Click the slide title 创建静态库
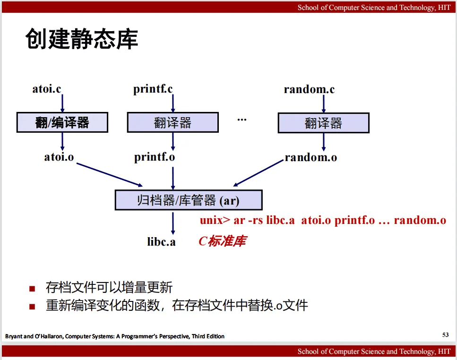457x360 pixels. pos(82,39)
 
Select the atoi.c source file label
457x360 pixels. pos(47,89)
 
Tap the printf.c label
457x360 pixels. pos(153,89)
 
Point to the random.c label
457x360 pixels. pos(309,89)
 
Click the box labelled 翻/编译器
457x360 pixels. pos(62,122)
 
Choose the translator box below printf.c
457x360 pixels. pos(173,122)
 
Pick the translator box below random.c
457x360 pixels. pos(324,123)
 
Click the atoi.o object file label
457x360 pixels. pos(59,157)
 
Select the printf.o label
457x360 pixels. pos(155,157)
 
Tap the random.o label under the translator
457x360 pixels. pos(310,158)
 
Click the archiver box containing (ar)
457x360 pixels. pos(189,200)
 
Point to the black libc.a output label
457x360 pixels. pos(161,242)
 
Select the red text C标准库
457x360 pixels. pos(223,241)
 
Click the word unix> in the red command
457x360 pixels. pos(215,220)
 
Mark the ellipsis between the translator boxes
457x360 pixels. pos(242,120)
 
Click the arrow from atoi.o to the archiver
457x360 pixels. pos(110,174)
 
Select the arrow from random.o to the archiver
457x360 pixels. pos(259,173)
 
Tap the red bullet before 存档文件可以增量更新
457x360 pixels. pos(32,289)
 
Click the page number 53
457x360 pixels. pos(445,334)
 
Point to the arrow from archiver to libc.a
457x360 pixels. pos(173,223)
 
